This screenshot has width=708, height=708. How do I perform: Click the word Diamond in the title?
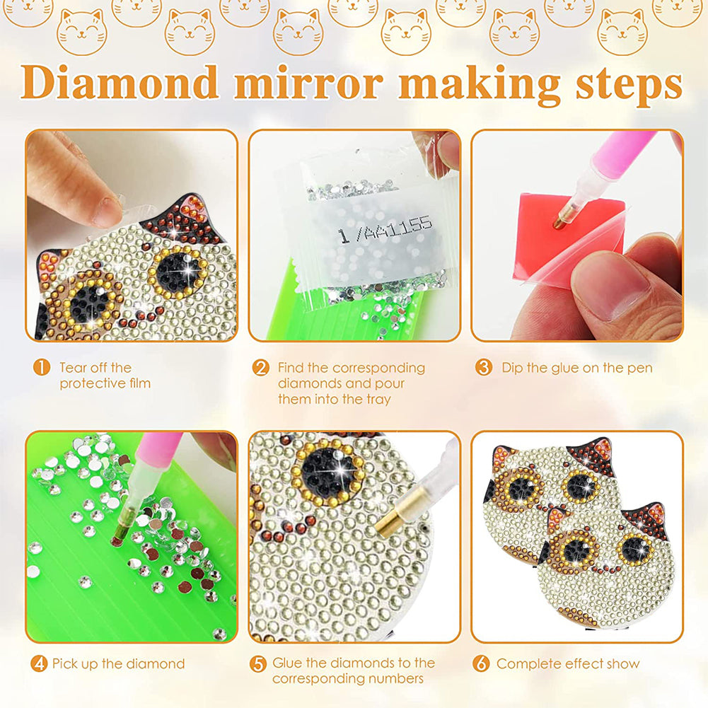point(120,82)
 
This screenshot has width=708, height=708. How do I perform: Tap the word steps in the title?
point(629,86)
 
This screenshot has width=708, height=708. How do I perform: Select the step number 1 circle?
point(42,368)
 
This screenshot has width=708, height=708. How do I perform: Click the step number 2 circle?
point(260,368)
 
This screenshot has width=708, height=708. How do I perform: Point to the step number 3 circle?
point(484,368)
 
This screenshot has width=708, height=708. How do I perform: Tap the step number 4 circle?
point(39,663)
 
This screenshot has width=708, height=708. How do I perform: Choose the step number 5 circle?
point(258,663)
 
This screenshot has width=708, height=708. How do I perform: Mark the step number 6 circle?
point(481,663)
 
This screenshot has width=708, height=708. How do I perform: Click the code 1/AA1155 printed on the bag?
point(385,229)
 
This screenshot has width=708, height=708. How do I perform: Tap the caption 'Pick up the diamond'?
point(119,663)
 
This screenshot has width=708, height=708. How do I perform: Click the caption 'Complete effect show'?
point(568,663)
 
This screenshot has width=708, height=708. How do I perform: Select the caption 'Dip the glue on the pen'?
point(577,368)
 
